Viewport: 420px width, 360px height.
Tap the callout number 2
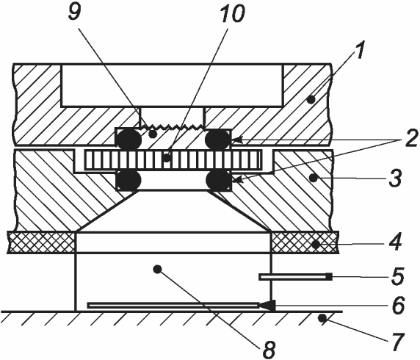tap(411, 138)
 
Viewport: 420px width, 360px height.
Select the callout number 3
tap(395, 178)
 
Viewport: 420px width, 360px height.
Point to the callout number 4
tap(394, 242)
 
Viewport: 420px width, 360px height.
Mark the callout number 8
tap(269, 349)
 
